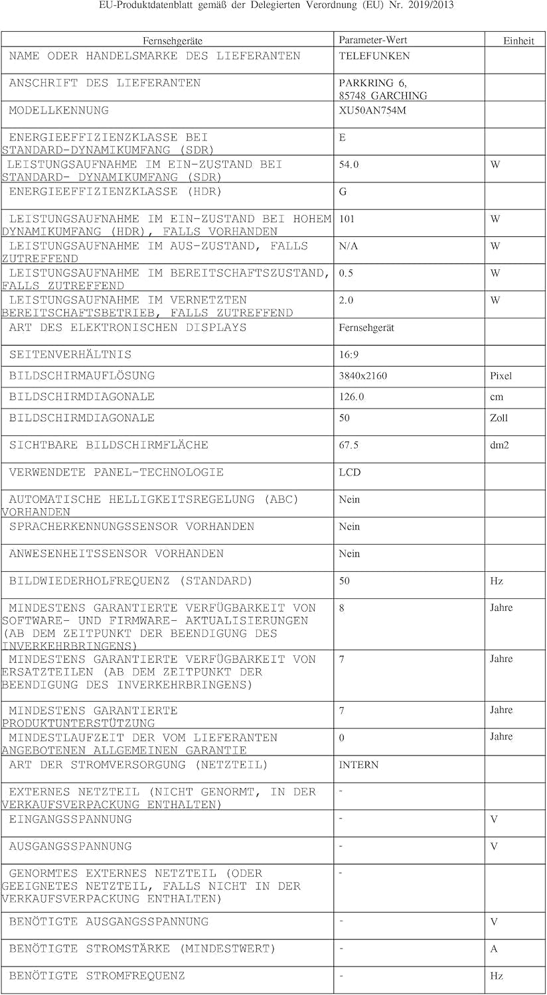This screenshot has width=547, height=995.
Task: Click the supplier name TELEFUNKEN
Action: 374,56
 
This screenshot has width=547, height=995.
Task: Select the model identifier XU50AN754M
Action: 372,111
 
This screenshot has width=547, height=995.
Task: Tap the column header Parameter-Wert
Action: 372,40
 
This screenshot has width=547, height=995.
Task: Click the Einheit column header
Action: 518,41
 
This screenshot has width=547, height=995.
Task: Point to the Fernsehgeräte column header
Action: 173,41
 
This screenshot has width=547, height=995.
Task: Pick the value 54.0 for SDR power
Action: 349,165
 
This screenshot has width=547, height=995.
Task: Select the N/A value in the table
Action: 349,246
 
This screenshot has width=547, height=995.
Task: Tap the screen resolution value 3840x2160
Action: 362,376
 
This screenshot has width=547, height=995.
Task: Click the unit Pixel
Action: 501,376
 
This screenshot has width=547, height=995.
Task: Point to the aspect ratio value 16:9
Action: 348,355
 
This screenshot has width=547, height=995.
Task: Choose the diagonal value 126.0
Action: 351,397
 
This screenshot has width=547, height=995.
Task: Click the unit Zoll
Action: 499,418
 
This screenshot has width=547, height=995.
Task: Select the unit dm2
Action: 499,445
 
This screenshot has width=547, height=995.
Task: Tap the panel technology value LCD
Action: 349,472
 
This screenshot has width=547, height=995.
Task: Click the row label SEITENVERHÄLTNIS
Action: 70,355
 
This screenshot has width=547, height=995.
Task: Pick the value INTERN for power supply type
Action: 358,765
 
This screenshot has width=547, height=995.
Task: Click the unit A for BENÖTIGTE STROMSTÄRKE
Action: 494,949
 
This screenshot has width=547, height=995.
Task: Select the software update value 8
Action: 342,608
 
